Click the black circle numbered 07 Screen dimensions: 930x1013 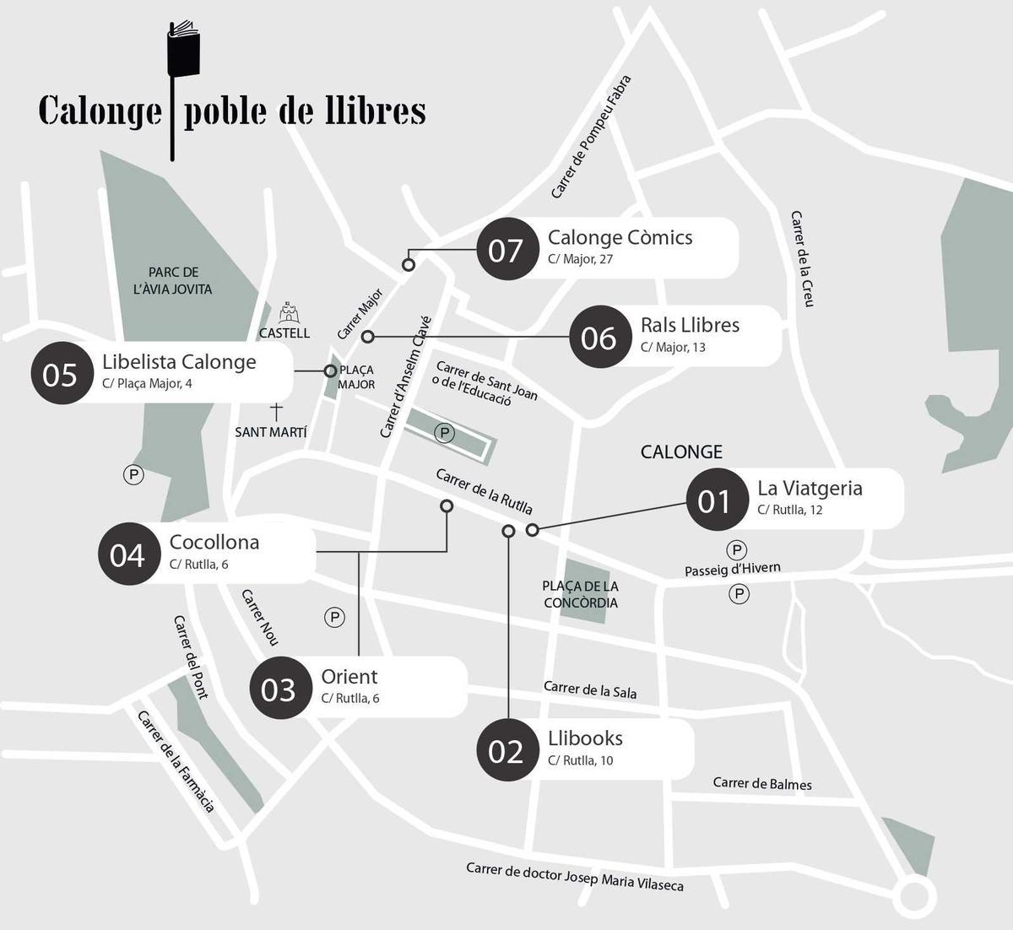click(506, 249)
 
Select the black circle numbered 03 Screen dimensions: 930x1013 click(279, 688)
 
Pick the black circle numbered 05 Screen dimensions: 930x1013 click(61, 374)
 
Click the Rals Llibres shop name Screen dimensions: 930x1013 click(690, 325)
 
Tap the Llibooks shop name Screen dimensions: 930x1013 click(585, 738)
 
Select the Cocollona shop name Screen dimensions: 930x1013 click(214, 543)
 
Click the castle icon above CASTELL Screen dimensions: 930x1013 click(290, 312)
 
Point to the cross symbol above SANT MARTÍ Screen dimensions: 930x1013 click(275, 412)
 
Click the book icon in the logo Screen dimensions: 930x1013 click(183, 49)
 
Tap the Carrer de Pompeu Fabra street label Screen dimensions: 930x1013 click(591, 138)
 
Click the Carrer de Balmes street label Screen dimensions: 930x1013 click(762, 783)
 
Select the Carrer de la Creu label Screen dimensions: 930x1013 click(802, 258)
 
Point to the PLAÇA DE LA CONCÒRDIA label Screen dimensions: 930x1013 click(581, 594)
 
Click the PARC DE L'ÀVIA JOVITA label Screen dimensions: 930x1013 click(173, 281)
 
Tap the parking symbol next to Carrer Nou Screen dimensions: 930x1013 click(335, 618)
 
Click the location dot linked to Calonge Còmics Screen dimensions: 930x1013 click(409, 264)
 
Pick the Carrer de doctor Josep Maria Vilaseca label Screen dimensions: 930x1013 click(575, 876)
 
